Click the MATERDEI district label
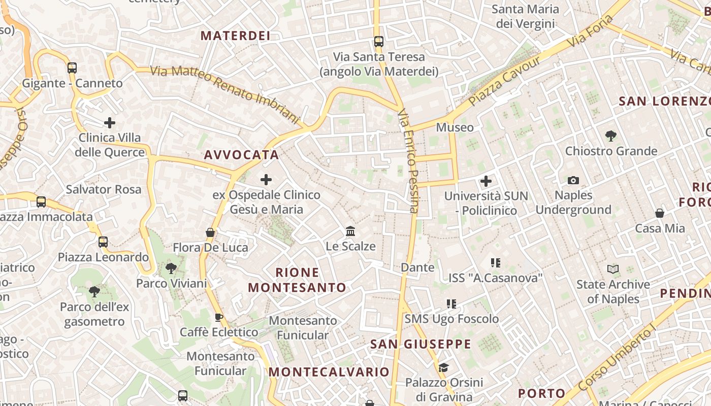[235, 36]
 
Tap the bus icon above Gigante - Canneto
[72, 67]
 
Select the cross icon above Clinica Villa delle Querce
[110, 123]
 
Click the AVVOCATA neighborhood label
[242, 155]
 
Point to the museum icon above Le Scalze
[350, 231]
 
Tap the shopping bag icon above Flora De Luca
[210, 232]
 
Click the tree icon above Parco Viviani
[171, 268]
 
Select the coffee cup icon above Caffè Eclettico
[219, 317]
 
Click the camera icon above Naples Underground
[573, 180]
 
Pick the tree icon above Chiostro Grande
[611, 136]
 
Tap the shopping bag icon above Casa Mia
[660, 213]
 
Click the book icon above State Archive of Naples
[613, 269]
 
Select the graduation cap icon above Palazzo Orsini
[443, 367]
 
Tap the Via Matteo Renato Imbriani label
[225, 94]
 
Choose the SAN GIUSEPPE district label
[421, 344]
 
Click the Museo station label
[455, 127]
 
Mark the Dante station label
[417, 267]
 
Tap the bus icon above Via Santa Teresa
[378, 41]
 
